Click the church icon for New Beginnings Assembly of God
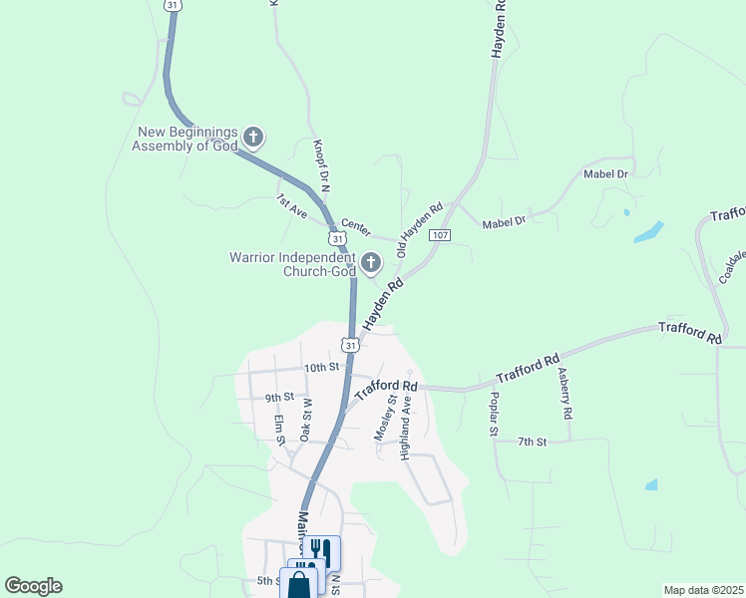[x=253, y=137]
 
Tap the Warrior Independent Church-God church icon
[x=371, y=263]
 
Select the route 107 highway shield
[x=442, y=235]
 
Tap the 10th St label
[x=322, y=368]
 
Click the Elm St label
[x=280, y=430]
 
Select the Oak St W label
[x=306, y=416]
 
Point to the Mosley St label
[x=384, y=420]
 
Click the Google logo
[x=33, y=586]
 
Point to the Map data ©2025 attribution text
[x=702, y=590]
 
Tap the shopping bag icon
[x=300, y=584]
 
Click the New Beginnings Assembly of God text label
[x=186, y=139]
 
